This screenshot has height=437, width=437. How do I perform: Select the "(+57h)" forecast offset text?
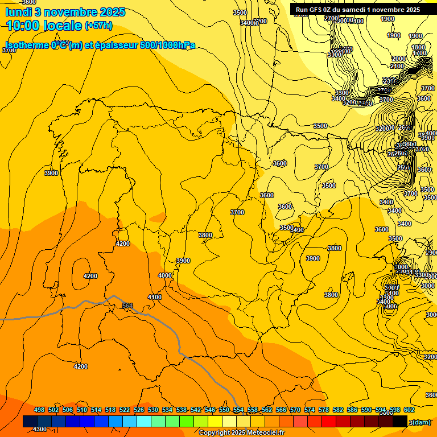(98, 26)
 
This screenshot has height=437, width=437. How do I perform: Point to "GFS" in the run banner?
(318, 10)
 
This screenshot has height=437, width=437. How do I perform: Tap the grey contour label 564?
(127, 306)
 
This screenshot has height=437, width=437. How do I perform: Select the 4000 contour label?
(165, 275)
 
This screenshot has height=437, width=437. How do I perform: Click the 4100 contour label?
(154, 297)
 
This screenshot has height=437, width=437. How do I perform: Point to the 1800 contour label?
(418, 47)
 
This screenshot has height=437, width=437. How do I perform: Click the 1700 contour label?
(419, 53)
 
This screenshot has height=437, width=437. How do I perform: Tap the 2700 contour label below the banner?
(331, 18)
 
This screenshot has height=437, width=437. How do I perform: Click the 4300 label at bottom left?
(39, 429)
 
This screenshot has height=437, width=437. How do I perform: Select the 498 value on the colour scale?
(39, 410)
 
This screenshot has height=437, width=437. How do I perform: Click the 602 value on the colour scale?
(409, 410)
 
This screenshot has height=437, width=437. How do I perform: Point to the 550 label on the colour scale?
(224, 410)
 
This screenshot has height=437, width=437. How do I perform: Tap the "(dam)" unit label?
(420, 422)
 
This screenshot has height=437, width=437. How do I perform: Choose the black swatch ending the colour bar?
(400, 421)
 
